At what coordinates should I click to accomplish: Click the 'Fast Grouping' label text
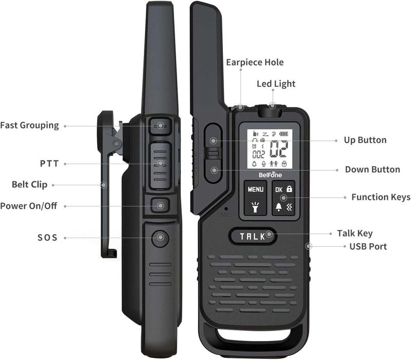pos(29,125)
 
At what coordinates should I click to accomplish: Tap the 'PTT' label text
pos(49,164)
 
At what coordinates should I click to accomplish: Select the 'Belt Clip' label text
pos(30,185)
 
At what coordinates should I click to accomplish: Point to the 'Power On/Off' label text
pos(28,206)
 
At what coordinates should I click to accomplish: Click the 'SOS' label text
pos(47,238)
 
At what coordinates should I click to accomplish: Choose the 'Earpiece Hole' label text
pos(255,62)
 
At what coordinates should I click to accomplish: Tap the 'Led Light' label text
pos(276,84)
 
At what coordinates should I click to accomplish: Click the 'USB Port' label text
pos(368,246)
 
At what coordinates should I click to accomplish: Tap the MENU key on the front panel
pos(255,189)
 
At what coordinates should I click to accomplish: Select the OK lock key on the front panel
pos(283,189)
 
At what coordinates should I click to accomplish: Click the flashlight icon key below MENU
pos(255,207)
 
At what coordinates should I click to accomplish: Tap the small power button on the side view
pos(160,206)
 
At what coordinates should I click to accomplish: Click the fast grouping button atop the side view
pos(160,125)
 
